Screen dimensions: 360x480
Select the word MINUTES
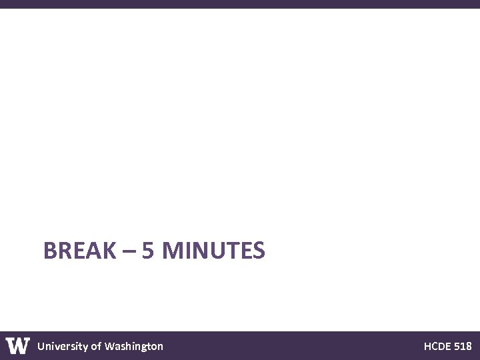click(x=213, y=251)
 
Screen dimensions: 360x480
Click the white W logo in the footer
click(x=18, y=345)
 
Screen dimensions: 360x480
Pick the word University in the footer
click(x=62, y=346)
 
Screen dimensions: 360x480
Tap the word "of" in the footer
click(x=96, y=346)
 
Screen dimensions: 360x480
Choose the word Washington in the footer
click(x=133, y=346)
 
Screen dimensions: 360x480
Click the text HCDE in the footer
click(x=437, y=346)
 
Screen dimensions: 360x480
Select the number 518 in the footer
click(x=463, y=346)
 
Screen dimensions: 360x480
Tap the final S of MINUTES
click(x=259, y=251)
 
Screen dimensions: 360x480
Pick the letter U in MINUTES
click(x=217, y=251)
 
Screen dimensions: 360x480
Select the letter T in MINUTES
click(x=232, y=251)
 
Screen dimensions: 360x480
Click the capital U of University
click(x=41, y=346)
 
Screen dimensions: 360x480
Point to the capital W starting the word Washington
click(x=110, y=346)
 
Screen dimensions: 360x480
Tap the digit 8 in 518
click(x=469, y=346)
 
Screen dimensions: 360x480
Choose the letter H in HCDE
click(x=427, y=346)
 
